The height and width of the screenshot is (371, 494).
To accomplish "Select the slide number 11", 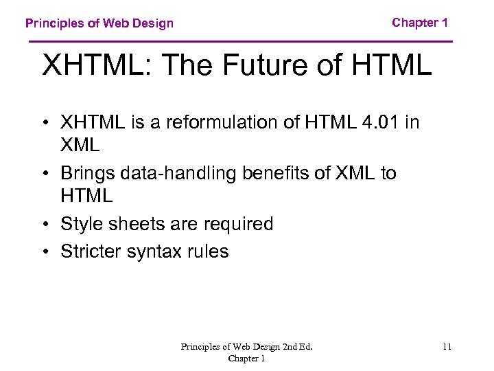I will pos(447,347).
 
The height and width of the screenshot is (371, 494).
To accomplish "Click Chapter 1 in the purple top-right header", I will pos(420,23).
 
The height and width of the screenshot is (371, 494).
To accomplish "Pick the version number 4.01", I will pos(382,122).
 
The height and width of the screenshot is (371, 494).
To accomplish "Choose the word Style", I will pos(81,224).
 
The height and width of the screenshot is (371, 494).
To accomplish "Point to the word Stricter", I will pos(91,251).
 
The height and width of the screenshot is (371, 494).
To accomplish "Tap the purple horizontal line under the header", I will pos(240,42).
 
